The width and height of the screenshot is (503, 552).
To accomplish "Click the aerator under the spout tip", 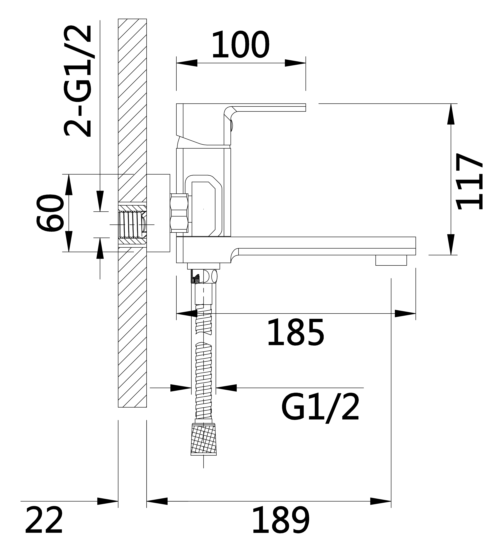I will pos(391,260).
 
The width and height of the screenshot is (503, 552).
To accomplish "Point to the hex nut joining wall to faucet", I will pos(179,213).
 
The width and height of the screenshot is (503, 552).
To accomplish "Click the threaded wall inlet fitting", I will pos(132,224).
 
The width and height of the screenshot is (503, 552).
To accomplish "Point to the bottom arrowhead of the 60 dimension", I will pos(69,241).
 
